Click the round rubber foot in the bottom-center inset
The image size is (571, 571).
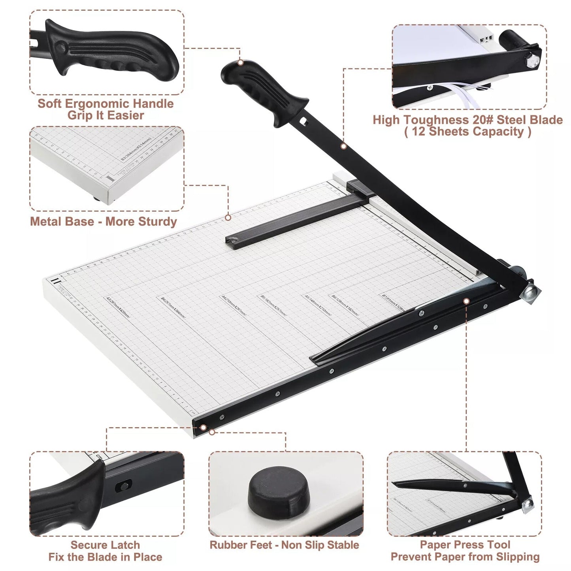279,492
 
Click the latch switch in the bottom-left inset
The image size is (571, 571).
124,485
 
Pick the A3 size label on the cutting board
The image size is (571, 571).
117,307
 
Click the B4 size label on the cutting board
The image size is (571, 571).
173,307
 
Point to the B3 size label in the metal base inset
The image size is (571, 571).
136,149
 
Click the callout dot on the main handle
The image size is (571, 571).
240,62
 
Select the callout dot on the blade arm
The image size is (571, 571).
344,146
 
